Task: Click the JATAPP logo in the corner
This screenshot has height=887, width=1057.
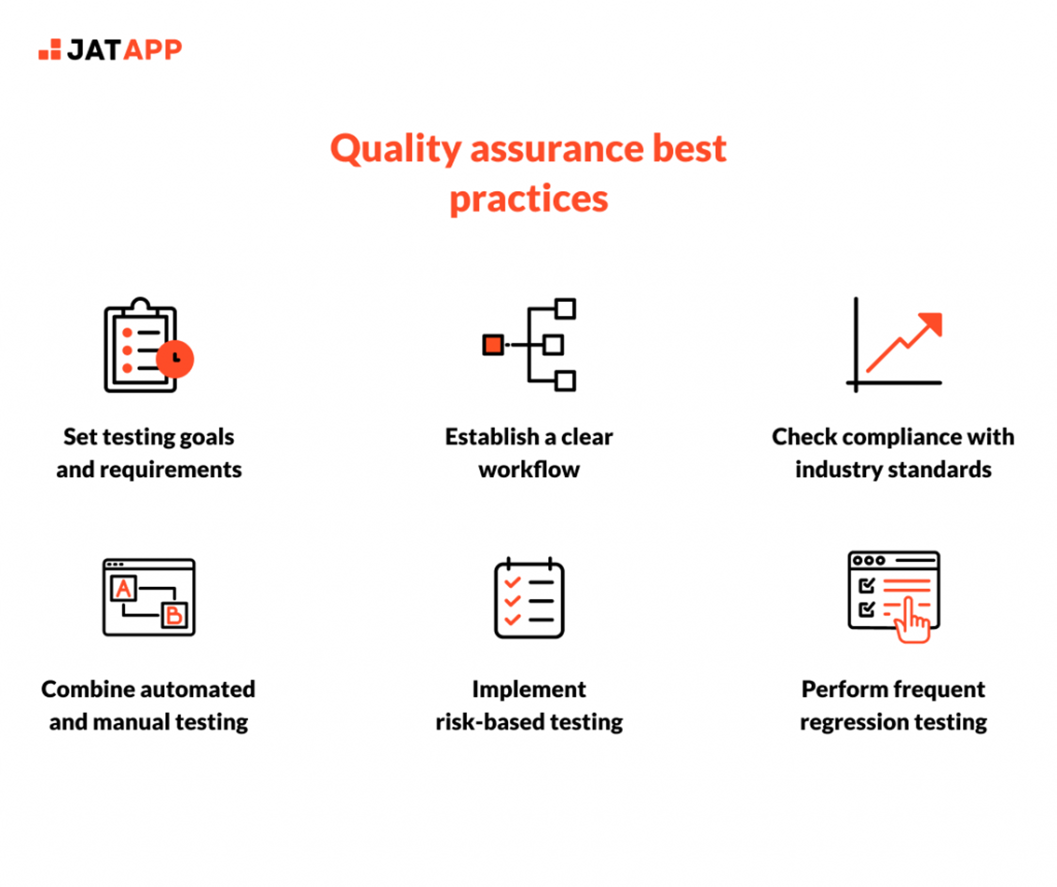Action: pos(110,50)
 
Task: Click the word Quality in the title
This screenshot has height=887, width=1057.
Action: pos(395,150)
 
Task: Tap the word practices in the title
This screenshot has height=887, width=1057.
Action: pos(528,199)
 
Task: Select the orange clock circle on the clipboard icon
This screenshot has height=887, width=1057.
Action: pos(175,359)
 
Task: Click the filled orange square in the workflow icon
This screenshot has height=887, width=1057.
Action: pos(493,345)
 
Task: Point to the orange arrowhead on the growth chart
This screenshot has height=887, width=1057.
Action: pos(933,323)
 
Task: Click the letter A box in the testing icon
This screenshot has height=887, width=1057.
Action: pos(124,588)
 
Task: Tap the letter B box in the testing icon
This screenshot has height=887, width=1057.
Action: pos(174,615)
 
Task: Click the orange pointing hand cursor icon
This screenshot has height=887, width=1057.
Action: pos(912,622)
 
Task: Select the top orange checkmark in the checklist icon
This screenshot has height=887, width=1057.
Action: pos(512,582)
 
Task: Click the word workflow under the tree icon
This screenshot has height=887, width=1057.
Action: pos(528,470)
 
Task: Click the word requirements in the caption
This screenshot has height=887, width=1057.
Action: pos(170,470)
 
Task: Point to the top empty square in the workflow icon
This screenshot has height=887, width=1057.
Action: pos(566,309)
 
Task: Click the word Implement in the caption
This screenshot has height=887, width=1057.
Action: pos(528,689)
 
